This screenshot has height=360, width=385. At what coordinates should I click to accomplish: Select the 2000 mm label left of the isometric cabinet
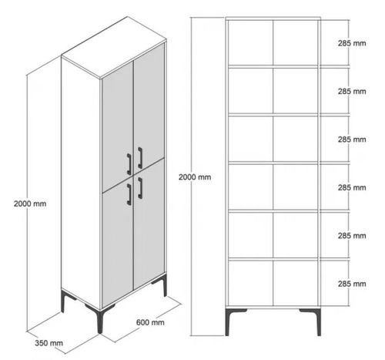[x=29, y=204]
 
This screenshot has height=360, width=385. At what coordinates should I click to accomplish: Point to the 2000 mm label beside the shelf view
[x=194, y=177]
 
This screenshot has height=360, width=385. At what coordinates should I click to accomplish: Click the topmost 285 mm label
[x=351, y=43]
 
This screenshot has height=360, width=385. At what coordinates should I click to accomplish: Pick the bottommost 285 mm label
[x=351, y=283]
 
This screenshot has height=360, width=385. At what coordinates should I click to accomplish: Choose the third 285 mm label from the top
[x=351, y=140]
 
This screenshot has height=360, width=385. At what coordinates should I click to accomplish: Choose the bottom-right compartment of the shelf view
[x=296, y=282]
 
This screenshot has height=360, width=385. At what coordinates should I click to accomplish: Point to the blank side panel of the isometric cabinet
[x=80, y=185]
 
